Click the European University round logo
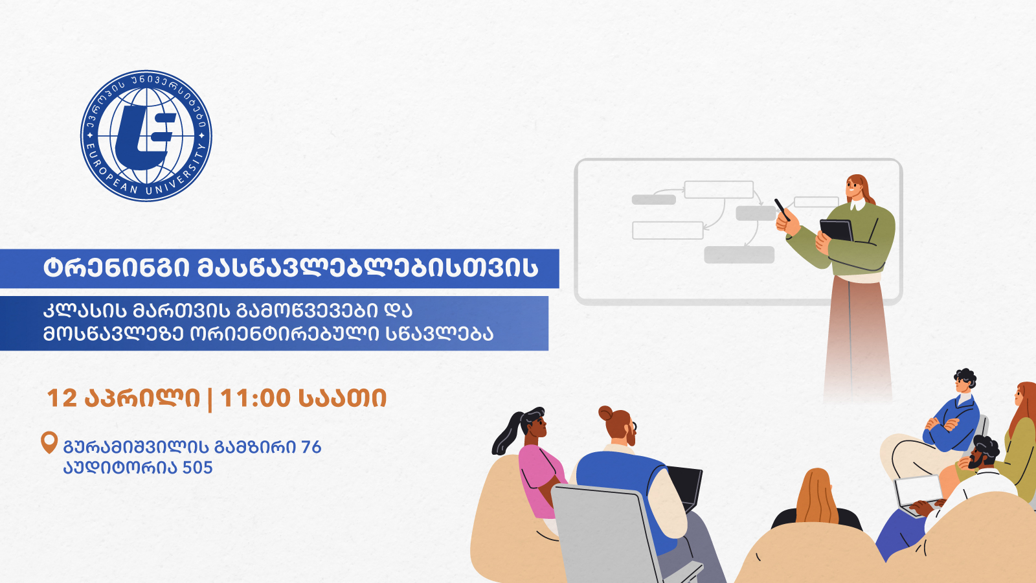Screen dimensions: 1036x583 point(146,135)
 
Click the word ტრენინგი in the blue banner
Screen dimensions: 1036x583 point(117,268)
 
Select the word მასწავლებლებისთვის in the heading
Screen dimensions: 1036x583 point(368,268)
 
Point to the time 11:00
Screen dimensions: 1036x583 point(255,398)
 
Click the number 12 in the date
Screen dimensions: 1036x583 point(62,398)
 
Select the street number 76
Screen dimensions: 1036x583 point(311,447)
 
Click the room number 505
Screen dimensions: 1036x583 point(197,468)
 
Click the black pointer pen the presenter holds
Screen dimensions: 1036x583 point(782,210)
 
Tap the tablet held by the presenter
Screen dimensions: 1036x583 point(836,231)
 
